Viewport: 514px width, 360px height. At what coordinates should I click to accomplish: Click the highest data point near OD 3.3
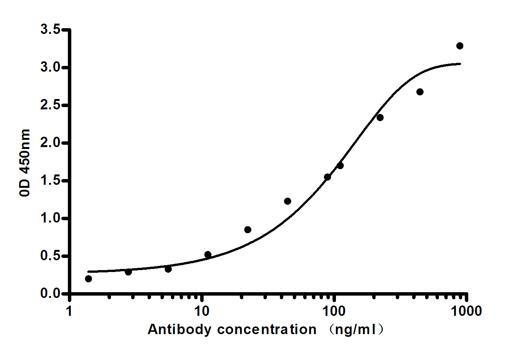point(459,46)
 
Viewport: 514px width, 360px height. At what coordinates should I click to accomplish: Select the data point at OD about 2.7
point(420,92)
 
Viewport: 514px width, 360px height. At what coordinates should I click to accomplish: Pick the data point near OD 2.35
point(380,117)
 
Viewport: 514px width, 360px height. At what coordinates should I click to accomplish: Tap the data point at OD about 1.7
point(340,165)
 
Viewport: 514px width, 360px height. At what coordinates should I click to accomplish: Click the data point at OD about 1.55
point(327,177)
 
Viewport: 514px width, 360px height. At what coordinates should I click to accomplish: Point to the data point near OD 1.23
point(288,201)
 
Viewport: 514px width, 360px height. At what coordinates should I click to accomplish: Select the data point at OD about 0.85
point(247,230)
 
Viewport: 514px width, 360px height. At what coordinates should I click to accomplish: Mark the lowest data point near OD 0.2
point(88,279)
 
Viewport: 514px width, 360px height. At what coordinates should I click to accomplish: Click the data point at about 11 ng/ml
point(208,254)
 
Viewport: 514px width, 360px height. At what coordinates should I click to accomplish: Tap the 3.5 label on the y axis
point(51,29)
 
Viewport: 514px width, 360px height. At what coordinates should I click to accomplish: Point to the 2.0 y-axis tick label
point(51,142)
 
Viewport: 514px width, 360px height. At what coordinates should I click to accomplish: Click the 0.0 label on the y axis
point(51,293)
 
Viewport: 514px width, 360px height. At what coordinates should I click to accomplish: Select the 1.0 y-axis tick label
point(51,218)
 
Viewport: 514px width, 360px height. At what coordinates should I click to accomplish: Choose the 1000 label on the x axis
point(466,311)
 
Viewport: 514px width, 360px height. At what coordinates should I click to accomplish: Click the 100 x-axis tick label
point(334,311)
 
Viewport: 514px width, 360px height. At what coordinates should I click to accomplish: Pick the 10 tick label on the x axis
point(202,311)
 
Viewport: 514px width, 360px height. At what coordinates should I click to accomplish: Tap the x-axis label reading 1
point(69,311)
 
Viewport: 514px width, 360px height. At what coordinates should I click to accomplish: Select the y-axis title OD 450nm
point(25,163)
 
